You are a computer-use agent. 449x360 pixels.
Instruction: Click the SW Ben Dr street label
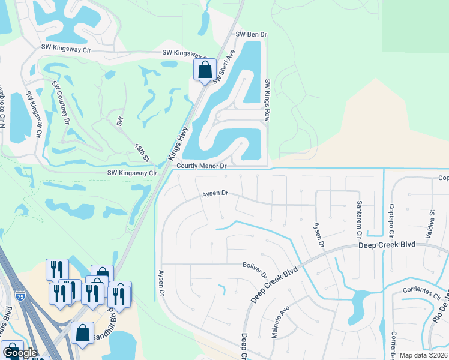(x=251, y=35)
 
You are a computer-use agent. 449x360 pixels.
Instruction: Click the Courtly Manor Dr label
(x=201, y=166)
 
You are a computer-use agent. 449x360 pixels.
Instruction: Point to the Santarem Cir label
(x=359, y=217)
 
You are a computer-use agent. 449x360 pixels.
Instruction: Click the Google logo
(x=20, y=353)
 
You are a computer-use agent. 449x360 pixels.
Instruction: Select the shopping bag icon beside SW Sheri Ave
(x=205, y=70)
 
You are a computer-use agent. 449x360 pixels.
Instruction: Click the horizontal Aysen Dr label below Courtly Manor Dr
(x=215, y=193)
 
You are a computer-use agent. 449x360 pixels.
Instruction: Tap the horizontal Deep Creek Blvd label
(x=387, y=245)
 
